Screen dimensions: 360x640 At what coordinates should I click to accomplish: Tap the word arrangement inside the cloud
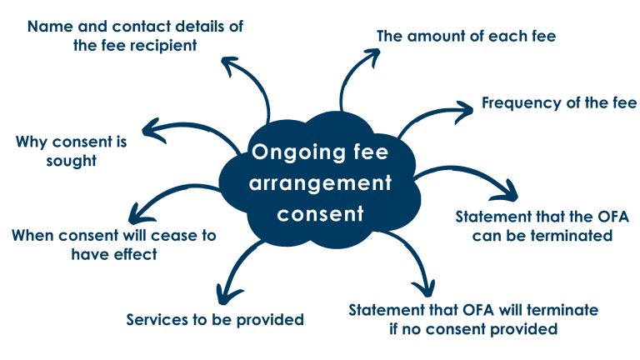point(321,182)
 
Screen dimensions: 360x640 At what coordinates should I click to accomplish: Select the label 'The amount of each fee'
point(466,36)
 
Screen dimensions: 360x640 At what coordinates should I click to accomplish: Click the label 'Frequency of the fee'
point(558,103)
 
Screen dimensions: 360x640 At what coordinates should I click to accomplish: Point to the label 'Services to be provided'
point(214,318)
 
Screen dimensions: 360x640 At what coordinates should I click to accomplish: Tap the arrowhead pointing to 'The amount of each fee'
point(368,54)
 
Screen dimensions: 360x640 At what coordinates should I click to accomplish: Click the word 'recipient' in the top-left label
point(162,45)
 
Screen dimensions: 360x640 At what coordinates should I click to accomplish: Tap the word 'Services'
point(156,318)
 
